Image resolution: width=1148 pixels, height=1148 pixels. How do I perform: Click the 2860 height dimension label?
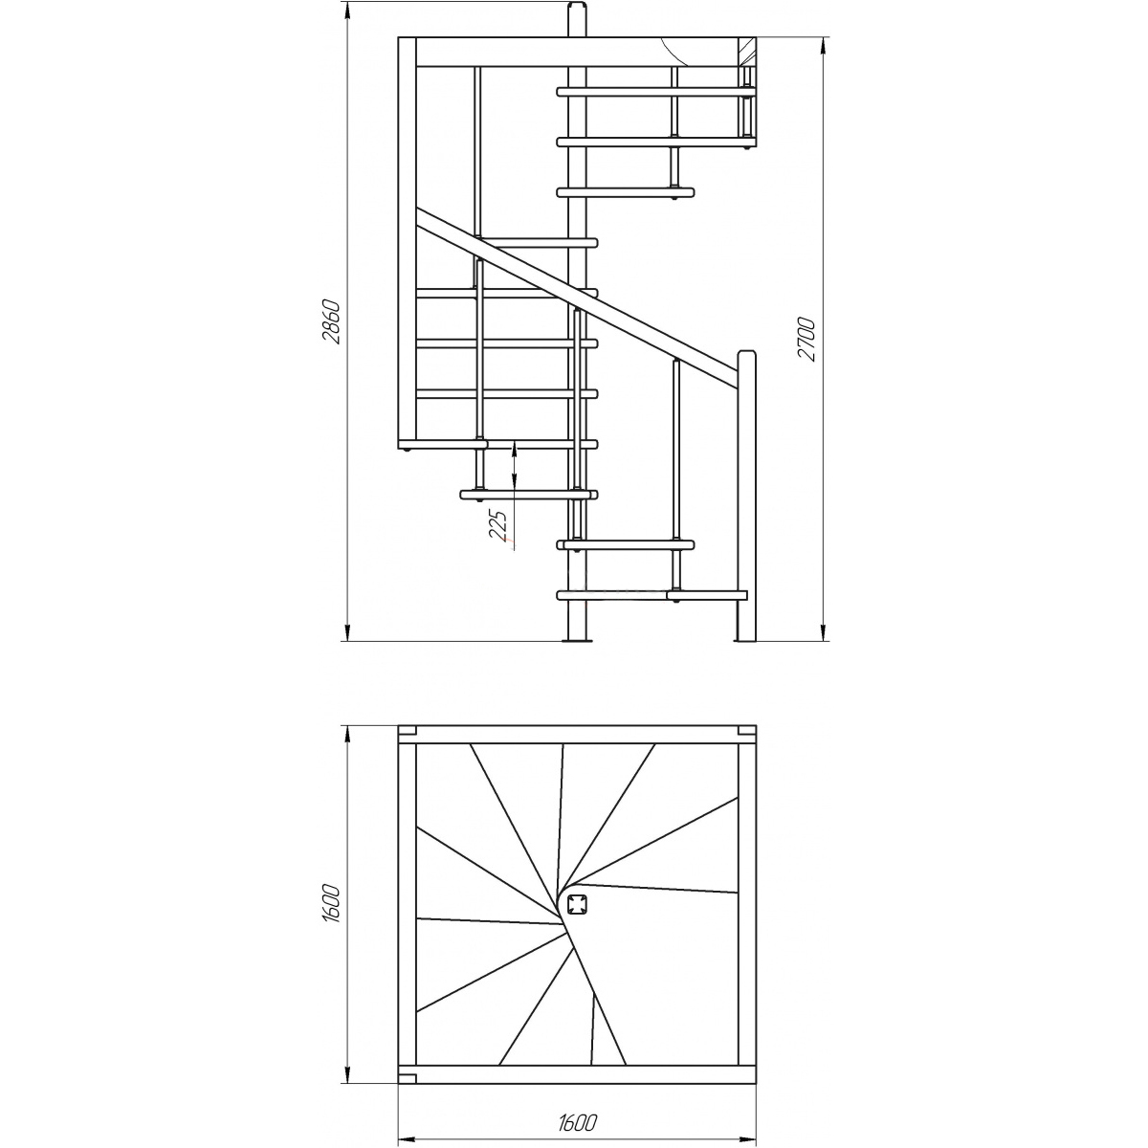click(x=332, y=322)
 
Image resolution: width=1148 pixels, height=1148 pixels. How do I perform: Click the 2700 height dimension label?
click(x=806, y=340)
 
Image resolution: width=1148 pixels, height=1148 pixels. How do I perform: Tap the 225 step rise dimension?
click(x=499, y=524)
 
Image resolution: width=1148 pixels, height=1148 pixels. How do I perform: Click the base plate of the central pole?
click(x=577, y=640)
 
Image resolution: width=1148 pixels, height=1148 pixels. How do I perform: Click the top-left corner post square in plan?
click(x=407, y=730)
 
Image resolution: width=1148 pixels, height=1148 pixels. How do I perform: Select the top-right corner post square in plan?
click(x=747, y=730)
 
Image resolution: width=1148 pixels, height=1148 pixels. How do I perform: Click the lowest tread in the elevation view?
click(x=651, y=595)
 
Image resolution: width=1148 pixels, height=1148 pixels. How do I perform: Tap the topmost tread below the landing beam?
click(x=656, y=92)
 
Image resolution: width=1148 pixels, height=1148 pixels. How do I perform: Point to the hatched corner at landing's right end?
click(x=747, y=52)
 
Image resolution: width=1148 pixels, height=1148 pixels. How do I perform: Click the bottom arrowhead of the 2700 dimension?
click(x=823, y=633)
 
